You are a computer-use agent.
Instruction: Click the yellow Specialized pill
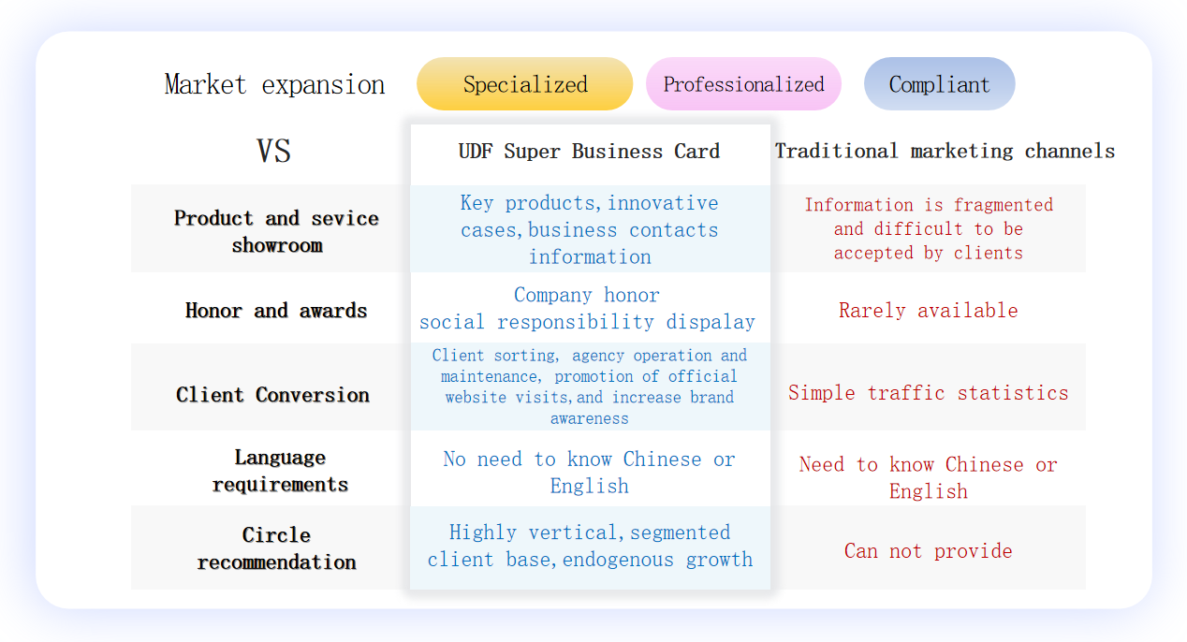pyautogui.click(x=524, y=83)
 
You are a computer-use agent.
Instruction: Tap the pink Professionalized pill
pyautogui.click(x=743, y=83)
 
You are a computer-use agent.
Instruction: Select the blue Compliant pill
pyautogui.click(x=940, y=83)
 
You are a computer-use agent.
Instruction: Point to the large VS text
pyautogui.click(x=273, y=151)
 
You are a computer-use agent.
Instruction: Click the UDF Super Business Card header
pyautogui.click(x=589, y=152)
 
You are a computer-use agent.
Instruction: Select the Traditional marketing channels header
pyautogui.click(x=945, y=152)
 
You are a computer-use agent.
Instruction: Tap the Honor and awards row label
pyautogui.click(x=276, y=311)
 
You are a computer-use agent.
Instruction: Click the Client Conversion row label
pyautogui.click(x=272, y=395)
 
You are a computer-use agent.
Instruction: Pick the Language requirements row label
pyautogui.click(x=280, y=471)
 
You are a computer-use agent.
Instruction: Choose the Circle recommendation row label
pyautogui.click(x=276, y=548)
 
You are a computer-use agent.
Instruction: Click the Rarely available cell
pyautogui.click(x=928, y=311)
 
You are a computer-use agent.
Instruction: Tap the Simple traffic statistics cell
pyautogui.click(x=928, y=393)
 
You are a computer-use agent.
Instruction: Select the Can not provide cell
pyautogui.click(x=928, y=551)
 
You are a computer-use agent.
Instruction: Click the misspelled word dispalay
pyautogui.click(x=711, y=322)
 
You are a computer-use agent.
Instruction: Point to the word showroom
pyautogui.click(x=277, y=245)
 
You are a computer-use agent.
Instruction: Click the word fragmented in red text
pyautogui.click(x=1004, y=205)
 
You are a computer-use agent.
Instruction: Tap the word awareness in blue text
pyautogui.click(x=589, y=418)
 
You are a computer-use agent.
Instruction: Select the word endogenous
pyautogui.click(x=618, y=560)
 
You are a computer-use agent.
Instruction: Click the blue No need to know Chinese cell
pyautogui.click(x=589, y=472)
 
